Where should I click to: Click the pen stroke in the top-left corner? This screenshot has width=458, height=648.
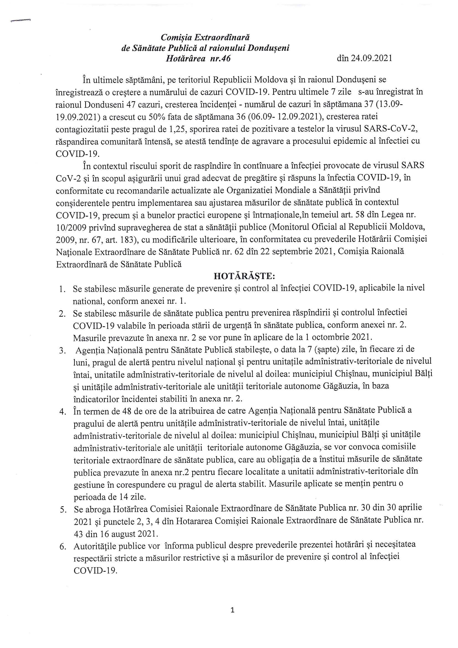tap(20, 20)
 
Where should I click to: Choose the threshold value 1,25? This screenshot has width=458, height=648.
tap(177, 129)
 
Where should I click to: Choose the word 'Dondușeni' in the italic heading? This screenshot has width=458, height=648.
tap(268, 48)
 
